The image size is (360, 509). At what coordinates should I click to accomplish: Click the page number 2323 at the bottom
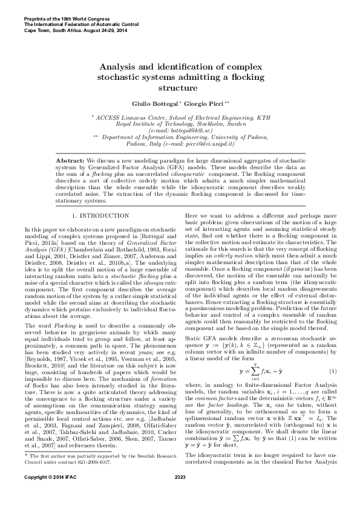tap(180, 495)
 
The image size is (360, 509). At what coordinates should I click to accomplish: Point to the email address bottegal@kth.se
tap(181, 129)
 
